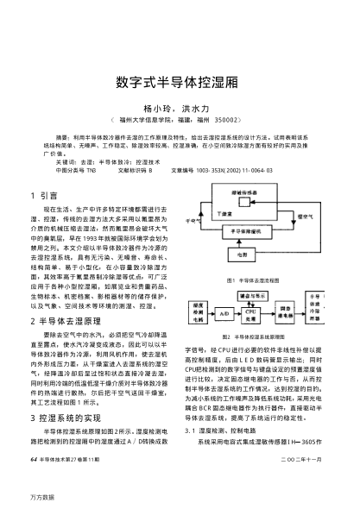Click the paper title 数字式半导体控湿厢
click(x=180, y=83)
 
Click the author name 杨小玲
click(x=159, y=110)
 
